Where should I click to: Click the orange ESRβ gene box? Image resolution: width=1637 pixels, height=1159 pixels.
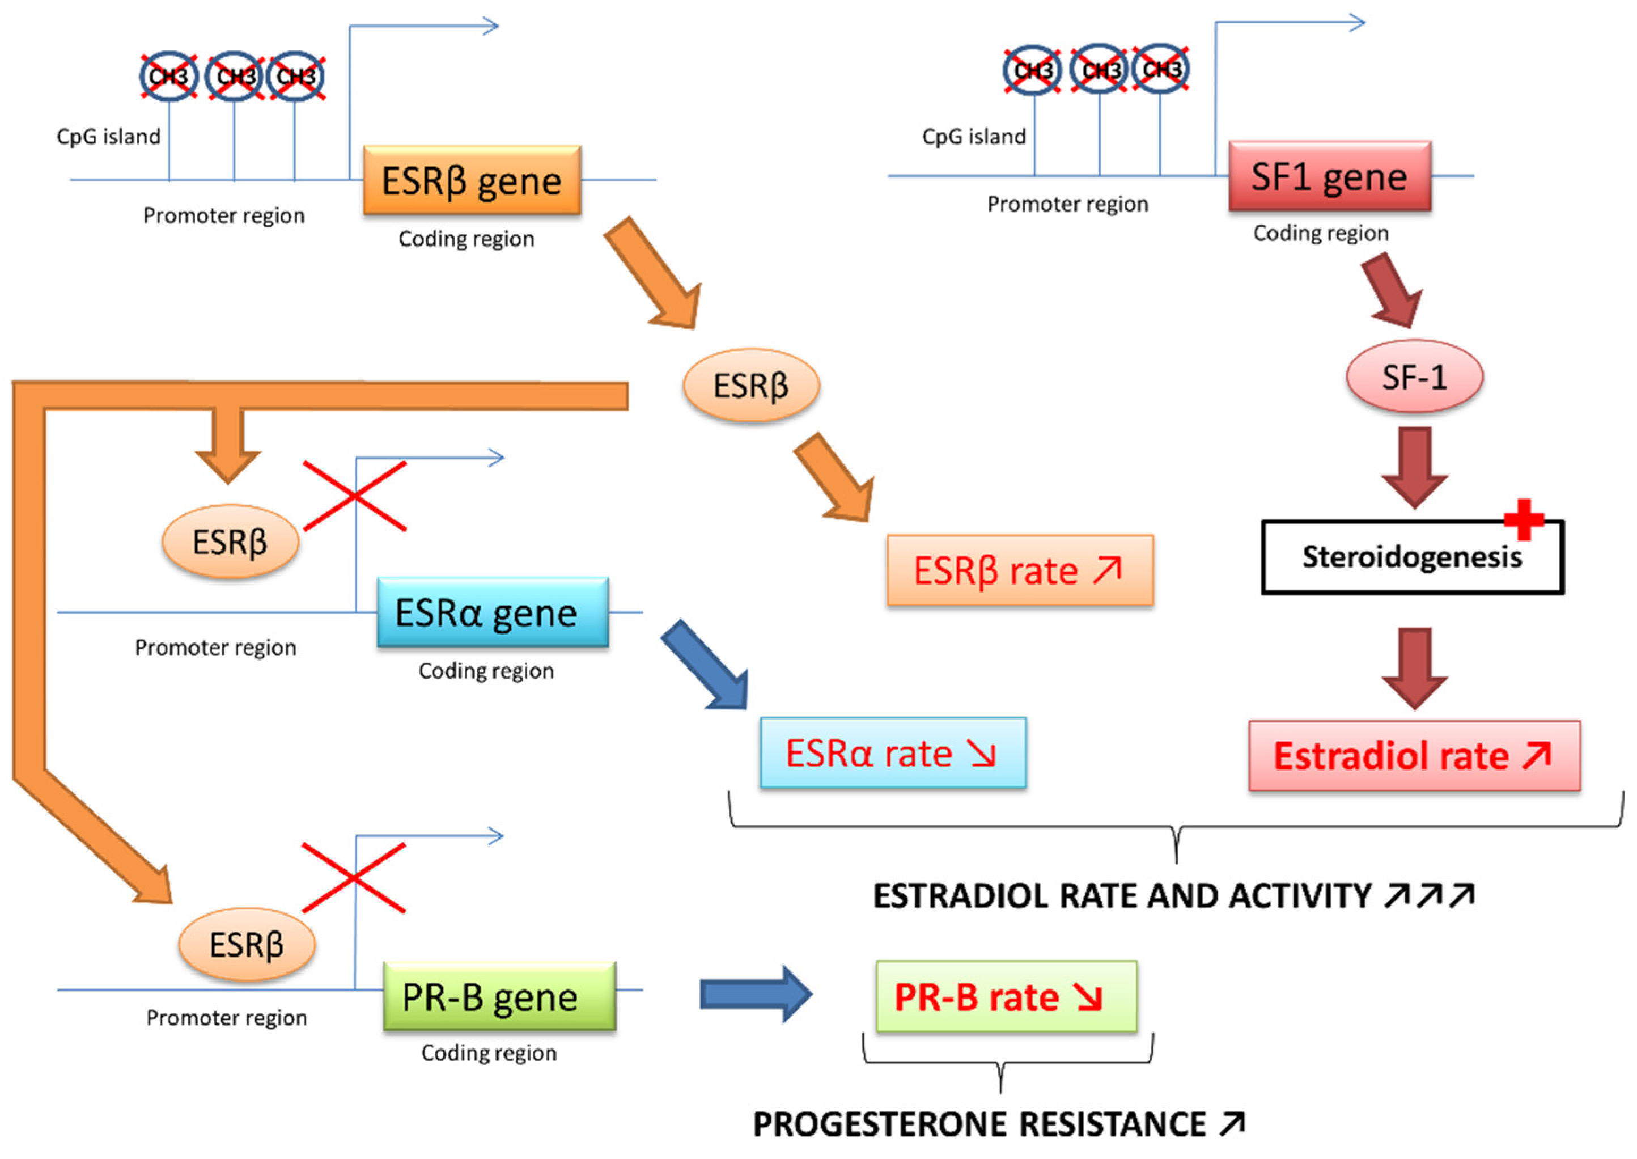click(472, 180)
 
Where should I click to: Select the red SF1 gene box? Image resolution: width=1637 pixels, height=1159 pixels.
click(1329, 176)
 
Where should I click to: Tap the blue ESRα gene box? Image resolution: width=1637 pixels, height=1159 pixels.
click(492, 612)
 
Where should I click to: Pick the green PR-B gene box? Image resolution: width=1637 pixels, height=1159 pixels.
click(499, 996)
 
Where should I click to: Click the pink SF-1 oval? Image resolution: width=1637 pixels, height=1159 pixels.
click(1414, 376)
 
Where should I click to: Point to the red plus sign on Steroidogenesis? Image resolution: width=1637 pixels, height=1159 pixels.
click(1523, 519)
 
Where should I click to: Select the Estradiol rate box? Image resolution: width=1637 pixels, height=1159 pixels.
click(1414, 756)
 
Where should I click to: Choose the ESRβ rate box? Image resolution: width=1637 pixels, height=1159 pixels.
click(1019, 570)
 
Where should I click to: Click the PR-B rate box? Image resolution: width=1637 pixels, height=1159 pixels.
click(1006, 996)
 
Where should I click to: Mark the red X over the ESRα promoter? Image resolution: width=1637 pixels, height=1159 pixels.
click(354, 496)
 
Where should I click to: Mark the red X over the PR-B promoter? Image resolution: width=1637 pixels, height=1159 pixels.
click(354, 878)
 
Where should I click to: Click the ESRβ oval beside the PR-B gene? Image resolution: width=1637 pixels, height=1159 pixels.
click(246, 944)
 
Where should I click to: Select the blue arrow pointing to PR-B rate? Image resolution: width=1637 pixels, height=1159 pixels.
click(754, 994)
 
